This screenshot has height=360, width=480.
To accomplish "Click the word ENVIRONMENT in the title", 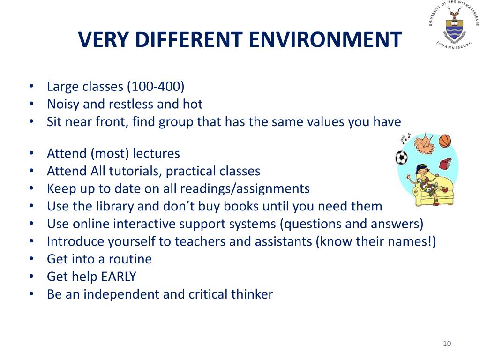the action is point(325,39).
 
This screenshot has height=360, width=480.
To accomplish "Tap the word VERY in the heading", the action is point(104,39).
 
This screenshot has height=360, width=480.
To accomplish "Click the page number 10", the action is point(447,344).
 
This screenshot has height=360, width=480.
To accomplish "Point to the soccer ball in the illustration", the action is point(401,157).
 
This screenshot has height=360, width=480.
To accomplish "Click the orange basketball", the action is point(445,141).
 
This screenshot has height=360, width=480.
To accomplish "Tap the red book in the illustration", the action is point(445,164).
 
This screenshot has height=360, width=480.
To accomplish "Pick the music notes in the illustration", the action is point(405,139).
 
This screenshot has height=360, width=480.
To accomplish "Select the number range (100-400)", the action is point(156,86).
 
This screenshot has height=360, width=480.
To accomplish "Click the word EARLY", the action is point(119,277).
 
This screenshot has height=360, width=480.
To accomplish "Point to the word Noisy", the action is point(63,105).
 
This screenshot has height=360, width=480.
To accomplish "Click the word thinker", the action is point(252,294).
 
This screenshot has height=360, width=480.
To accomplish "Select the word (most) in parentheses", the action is point(110,153).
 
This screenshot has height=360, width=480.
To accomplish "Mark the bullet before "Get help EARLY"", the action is point(31,277).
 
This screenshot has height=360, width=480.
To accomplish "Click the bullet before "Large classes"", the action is point(31,86).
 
